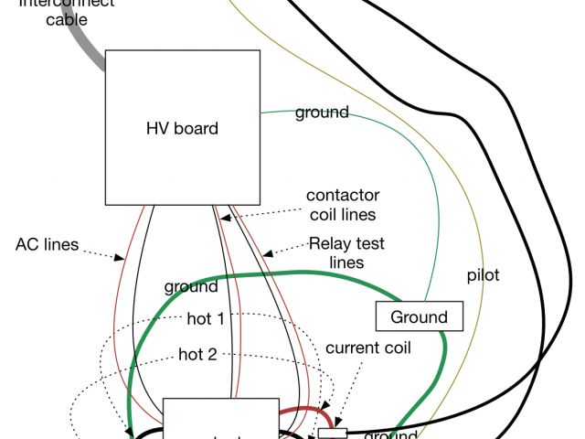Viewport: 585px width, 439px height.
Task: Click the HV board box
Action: tap(182, 128)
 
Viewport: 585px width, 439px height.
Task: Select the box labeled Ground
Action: tap(420, 317)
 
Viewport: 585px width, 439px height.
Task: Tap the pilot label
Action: tap(483, 274)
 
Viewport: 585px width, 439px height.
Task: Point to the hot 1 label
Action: tap(206, 319)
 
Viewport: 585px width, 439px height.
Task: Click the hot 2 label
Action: tap(197, 354)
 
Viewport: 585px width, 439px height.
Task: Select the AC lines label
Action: tap(47, 245)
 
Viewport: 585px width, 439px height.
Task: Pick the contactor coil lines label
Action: tap(343, 205)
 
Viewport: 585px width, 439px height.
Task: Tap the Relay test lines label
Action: tap(346, 253)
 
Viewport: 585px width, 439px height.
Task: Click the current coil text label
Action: tap(368, 348)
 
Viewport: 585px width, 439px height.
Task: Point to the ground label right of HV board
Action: tap(321, 112)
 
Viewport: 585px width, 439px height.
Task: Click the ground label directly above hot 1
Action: tap(191, 286)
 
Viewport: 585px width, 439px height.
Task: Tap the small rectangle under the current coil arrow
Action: tap(333, 432)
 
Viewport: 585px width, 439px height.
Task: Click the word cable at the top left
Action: tap(67, 17)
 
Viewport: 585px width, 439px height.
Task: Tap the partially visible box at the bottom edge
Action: tap(220, 420)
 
